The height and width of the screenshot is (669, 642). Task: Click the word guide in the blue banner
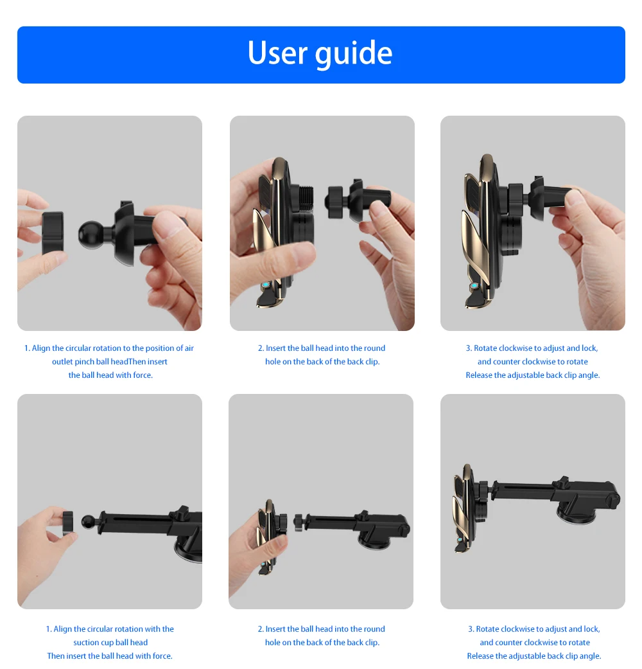click(x=355, y=54)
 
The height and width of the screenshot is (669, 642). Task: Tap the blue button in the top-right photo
click(x=474, y=287)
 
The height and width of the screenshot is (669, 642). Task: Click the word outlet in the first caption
click(x=63, y=362)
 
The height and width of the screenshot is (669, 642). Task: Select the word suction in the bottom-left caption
click(x=86, y=643)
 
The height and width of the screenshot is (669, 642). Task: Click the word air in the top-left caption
click(x=189, y=348)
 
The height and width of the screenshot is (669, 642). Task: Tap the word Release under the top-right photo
click(x=480, y=375)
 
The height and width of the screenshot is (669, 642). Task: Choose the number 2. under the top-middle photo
click(x=261, y=348)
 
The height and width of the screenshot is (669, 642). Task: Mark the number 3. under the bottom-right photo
click(x=471, y=629)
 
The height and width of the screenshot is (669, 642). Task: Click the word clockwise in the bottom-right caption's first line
click(x=517, y=629)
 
